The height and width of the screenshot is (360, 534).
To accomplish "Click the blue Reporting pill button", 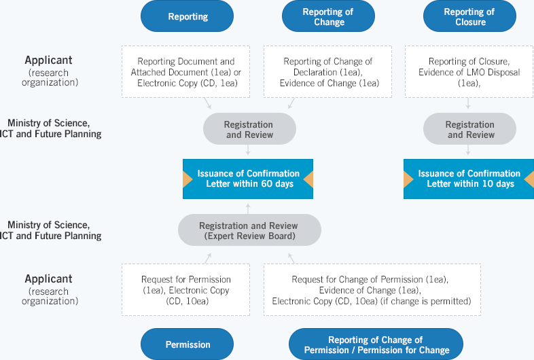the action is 187,16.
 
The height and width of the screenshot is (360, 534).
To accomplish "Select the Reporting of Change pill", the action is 328,16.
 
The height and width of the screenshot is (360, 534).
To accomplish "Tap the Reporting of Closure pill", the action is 469,16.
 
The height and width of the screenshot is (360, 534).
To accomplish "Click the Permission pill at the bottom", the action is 187,344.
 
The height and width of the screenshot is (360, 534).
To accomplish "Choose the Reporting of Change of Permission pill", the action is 376,344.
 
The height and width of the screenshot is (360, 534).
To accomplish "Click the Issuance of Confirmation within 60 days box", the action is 248,179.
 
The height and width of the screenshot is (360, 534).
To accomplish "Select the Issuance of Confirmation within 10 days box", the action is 469,179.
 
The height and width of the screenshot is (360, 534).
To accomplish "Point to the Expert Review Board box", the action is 249,230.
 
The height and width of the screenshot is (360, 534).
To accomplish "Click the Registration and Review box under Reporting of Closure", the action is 469,129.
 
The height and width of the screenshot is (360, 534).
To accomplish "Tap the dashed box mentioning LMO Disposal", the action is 469,72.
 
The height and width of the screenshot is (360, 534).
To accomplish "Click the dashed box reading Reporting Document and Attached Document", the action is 186,72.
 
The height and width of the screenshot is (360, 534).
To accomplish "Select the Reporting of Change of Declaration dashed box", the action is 327,72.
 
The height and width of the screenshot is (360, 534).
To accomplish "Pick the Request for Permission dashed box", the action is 186,289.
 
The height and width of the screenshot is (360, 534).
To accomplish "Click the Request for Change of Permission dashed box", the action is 372,289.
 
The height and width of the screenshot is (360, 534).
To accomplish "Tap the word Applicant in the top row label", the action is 48,60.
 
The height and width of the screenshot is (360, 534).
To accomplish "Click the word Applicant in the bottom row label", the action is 48,279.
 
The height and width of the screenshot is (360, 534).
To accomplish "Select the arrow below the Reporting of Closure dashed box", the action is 468,103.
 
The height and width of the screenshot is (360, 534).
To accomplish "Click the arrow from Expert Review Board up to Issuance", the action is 248,209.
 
